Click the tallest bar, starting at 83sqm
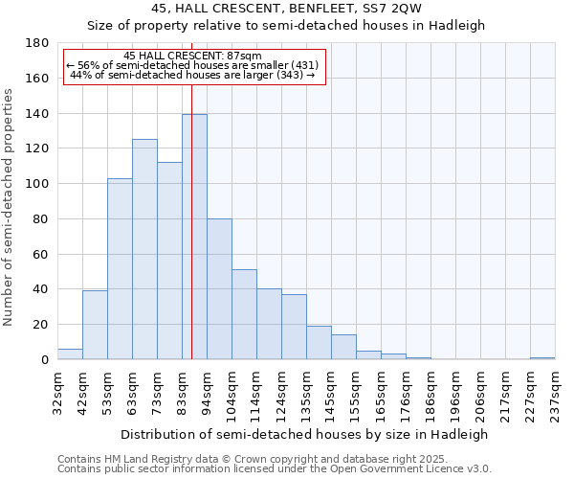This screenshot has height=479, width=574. (x=194, y=237)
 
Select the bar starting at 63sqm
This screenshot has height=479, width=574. (x=144, y=249)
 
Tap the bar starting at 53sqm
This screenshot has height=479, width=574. (x=120, y=268)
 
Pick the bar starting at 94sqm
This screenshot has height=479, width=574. (x=219, y=288)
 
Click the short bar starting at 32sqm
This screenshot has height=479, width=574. (x=70, y=354)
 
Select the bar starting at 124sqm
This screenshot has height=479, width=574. (x=294, y=327)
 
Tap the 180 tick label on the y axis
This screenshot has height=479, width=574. (x=38, y=43)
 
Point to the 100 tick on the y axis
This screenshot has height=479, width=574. (x=38, y=184)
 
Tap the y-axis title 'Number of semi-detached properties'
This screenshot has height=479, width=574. (x=10, y=207)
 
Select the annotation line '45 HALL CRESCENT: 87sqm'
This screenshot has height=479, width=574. (x=193, y=57)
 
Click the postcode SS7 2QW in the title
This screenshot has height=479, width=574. (x=395, y=9)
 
